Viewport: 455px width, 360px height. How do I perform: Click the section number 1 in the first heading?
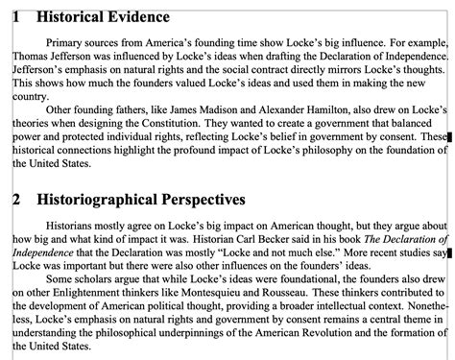(14, 17)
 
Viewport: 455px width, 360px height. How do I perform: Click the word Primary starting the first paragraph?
(64, 43)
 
